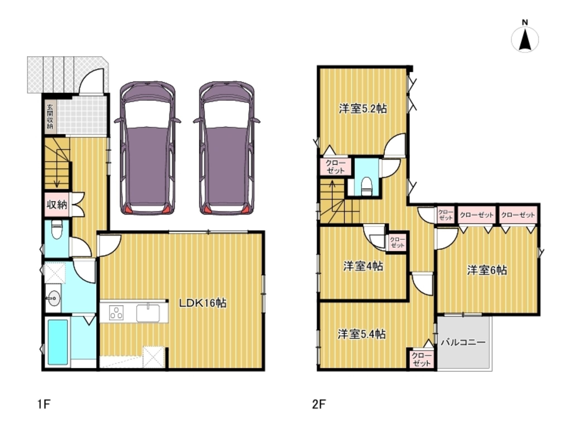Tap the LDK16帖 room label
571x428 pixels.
(x=202, y=303)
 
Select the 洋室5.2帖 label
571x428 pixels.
(x=363, y=109)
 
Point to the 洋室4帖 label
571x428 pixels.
(x=363, y=266)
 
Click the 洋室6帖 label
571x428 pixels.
(x=487, y=270)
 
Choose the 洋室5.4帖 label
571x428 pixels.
(x=362, y=334)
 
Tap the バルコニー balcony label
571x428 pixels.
(x=463, y=342)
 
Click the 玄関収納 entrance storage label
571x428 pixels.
(x=50, y=116)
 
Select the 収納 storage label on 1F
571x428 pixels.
(x=57, y=205)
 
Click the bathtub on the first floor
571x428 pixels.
(x=58, y=342)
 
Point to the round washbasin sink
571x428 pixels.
(x=53, y=299)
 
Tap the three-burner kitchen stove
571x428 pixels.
(x=117, y=312)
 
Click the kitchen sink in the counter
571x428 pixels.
(x=148, y=313)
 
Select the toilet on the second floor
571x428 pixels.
(x=366, y=185)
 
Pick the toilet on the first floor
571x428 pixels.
(x=57, y=229)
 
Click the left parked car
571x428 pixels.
(x=148, y=148)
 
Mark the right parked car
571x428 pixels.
(x=227, y=148)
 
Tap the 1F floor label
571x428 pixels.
(x=44, y=404)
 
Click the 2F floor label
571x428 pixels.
(x=319, y=404)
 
